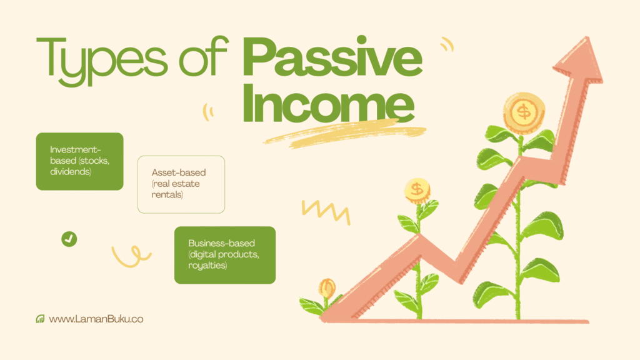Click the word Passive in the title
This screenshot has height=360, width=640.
tap(332, 56)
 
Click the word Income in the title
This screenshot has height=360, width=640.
tap(329, 102)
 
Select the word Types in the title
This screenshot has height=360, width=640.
tap(102, 61)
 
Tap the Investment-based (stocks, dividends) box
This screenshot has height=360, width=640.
tap(79, 161)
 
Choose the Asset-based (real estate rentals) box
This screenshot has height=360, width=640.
tap(181, 184)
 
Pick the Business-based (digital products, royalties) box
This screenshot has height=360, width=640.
tap(225, 255)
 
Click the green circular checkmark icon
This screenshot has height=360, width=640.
tap(69, 239)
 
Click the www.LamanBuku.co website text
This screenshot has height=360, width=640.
tap(96, 319)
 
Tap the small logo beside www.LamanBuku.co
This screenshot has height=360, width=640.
tap(40, 319)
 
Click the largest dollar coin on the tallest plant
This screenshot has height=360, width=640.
tap(524, 112)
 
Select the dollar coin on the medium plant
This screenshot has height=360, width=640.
tap(417, 191)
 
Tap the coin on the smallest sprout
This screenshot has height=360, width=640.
tap(327, 287)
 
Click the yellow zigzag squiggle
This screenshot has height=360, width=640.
tap(326, 211)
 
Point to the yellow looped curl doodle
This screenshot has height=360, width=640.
tap(131, 256)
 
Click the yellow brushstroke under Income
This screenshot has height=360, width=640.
tap(345, 133)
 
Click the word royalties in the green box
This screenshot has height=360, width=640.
tap(207, 265)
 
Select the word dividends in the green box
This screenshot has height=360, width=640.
tap(71, 171)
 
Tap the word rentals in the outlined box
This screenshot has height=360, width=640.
tap(167, 195)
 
